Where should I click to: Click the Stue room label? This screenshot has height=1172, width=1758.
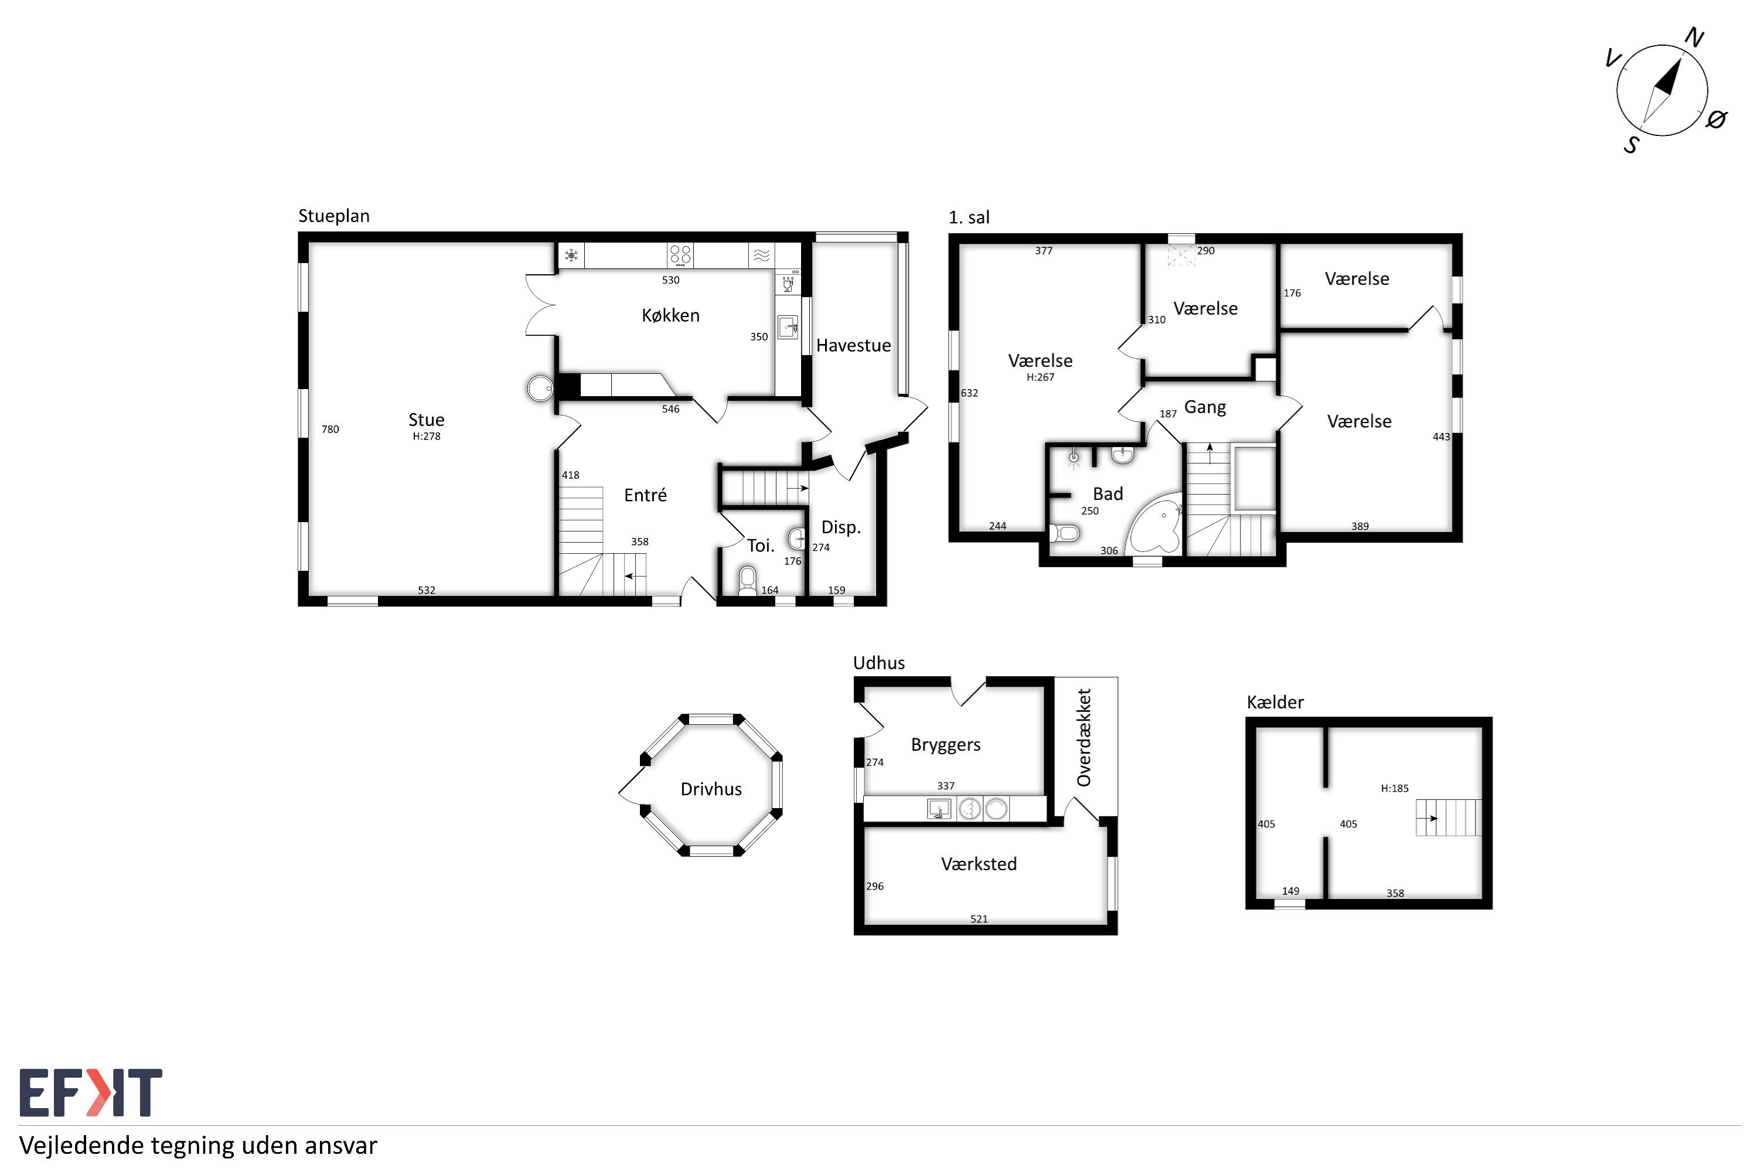click(426, 420)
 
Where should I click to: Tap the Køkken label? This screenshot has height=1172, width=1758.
click(670, 315)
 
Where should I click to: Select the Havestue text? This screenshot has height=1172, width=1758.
click(854, 345)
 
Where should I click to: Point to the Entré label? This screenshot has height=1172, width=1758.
click(645, 495)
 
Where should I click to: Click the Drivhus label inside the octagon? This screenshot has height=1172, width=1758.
click(711, 789)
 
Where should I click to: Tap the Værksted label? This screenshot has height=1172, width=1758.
click(979, 864)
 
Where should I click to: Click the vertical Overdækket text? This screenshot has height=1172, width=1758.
click(1084, 738)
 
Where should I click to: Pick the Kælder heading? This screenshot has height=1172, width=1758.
click(1275, 702)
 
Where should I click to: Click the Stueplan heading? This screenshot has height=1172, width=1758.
click(334, 216)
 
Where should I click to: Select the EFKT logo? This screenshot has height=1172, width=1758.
click(90, 1093)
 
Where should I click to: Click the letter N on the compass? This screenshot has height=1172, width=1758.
click(1694, 38)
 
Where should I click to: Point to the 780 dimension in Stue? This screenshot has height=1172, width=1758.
click(331, 429)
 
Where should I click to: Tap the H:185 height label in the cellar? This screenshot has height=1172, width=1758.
click(1395, 788)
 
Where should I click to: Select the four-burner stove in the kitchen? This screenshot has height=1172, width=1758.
click(680, 255)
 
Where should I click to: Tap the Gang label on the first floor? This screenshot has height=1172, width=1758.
click(1205, 407)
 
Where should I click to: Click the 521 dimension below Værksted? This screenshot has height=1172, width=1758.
click(979, 919)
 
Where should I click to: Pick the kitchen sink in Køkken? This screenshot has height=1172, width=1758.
click(788, 328)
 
